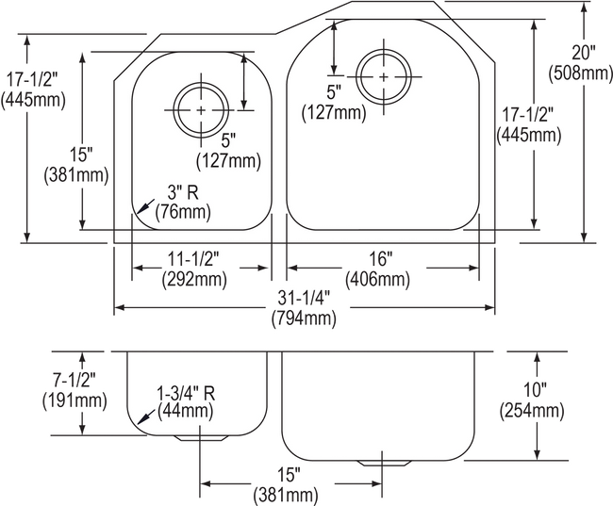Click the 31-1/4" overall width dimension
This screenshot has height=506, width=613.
click(305, 299)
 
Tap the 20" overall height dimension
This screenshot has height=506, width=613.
click(583, 53)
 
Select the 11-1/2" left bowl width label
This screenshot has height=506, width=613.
click(193, 259)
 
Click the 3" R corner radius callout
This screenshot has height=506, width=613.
click(183, 192)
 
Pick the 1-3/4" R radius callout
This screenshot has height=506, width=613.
click(186, 393)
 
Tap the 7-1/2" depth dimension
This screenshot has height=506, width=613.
click(75, 380)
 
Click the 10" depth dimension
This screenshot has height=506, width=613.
click(535, 389)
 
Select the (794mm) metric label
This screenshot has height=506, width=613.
click(305, 318)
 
